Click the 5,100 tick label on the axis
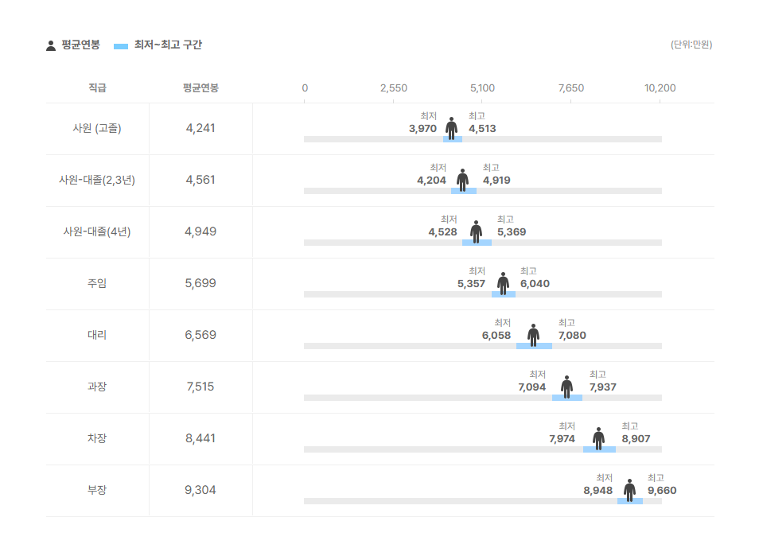[482, 87]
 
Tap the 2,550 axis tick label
[394, 87]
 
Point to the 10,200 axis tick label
[660, 87]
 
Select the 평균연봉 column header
[200, 87]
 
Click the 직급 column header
[97, 87]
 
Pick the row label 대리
[97, 335]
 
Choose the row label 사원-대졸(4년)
[97, 231]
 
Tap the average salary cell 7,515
[200, 387]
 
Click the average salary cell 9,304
[200, 490]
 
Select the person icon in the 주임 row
[503, 282]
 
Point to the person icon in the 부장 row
[629, 489]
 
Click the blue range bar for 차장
[599, 449]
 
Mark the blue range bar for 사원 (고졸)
[453, 139]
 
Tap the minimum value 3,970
[422, 129]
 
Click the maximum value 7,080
[572, 336]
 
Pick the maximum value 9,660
[662, 491]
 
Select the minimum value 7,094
[531, 387]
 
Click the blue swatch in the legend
[121, 45]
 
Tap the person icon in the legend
[51, 45]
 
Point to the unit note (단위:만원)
[691, 45]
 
